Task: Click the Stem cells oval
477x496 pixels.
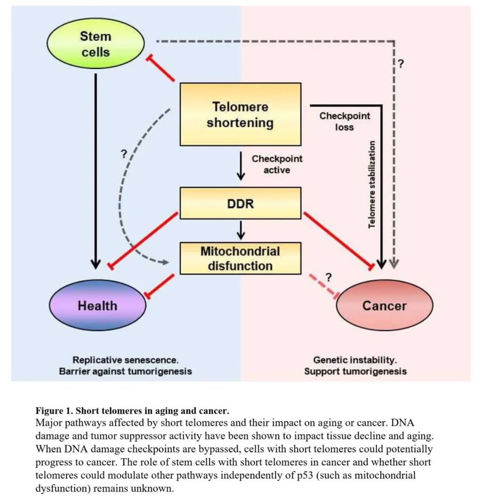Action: click(95, 44)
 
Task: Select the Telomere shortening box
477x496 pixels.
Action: click(240, 114)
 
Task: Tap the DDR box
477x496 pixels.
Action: click(240, 203)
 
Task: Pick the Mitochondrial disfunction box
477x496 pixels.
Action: click(240, 258)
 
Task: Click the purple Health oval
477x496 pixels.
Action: click(97, 305)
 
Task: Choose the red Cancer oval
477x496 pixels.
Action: click(384, 305)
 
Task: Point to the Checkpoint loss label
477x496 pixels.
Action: click(344, 122)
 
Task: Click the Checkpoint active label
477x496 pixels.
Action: click(277, 164)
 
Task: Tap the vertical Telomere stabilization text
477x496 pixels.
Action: click(372, 184)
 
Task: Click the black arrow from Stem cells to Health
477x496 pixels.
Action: click(95, 171)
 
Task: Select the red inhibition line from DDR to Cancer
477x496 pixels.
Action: click(339, 241)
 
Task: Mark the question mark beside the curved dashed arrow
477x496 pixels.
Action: click(124, 154)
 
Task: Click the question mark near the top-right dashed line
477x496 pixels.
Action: click(401, 64)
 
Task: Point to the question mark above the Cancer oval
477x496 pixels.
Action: click(329, 278)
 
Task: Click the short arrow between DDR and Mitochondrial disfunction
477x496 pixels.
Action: click(241, 230)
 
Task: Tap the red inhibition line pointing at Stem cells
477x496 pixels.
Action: click(161, 68)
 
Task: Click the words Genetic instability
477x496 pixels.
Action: click(355, 360)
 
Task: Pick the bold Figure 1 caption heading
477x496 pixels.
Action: click(132, 411)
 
